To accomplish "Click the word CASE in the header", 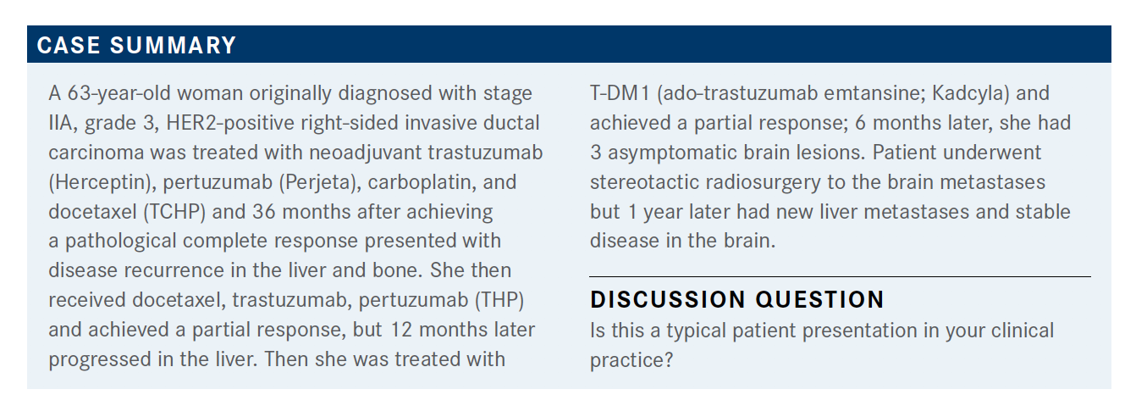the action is pos(69,45).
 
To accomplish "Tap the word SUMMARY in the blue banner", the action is pos(174,45).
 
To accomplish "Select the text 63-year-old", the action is pos(119,94).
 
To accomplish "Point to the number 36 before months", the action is pos(264,212).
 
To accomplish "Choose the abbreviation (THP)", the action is pos(499,300).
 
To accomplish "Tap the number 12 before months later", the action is pos(401,330).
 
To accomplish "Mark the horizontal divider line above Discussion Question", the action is pos(840,277).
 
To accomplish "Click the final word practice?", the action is pos(631,360).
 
